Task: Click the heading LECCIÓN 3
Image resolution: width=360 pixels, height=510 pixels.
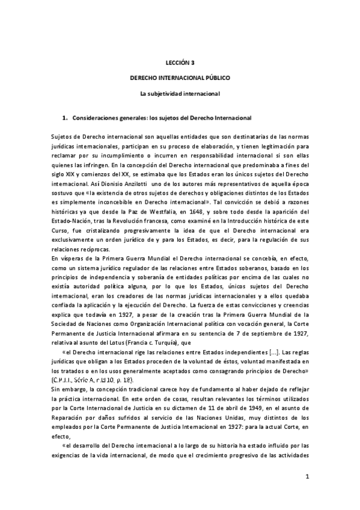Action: (180, 62)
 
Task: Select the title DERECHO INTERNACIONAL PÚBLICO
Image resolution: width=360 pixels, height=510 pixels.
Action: (180, 78)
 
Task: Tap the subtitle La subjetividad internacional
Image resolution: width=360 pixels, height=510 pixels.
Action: (180, 94)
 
